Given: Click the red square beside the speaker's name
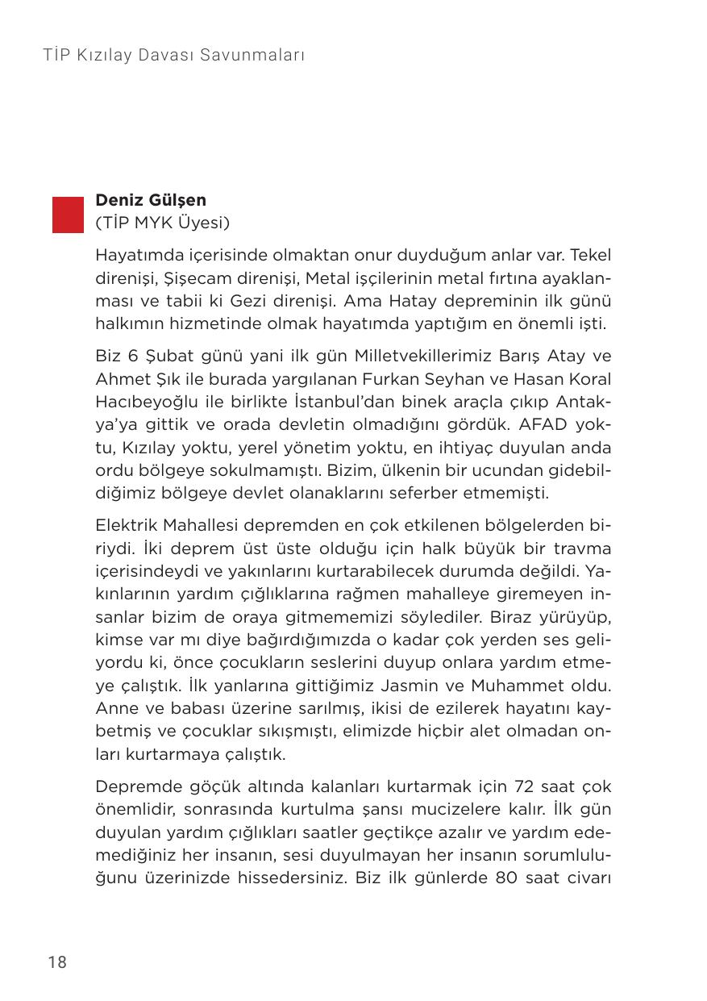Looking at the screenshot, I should (x=68, y=214).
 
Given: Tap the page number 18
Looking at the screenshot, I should (x=57, y=961).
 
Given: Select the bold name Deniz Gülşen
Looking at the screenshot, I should (x=151, y=200).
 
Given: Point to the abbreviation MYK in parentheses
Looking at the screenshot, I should (x=156, y=223).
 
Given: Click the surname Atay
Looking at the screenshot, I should (x=568, y=356).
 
